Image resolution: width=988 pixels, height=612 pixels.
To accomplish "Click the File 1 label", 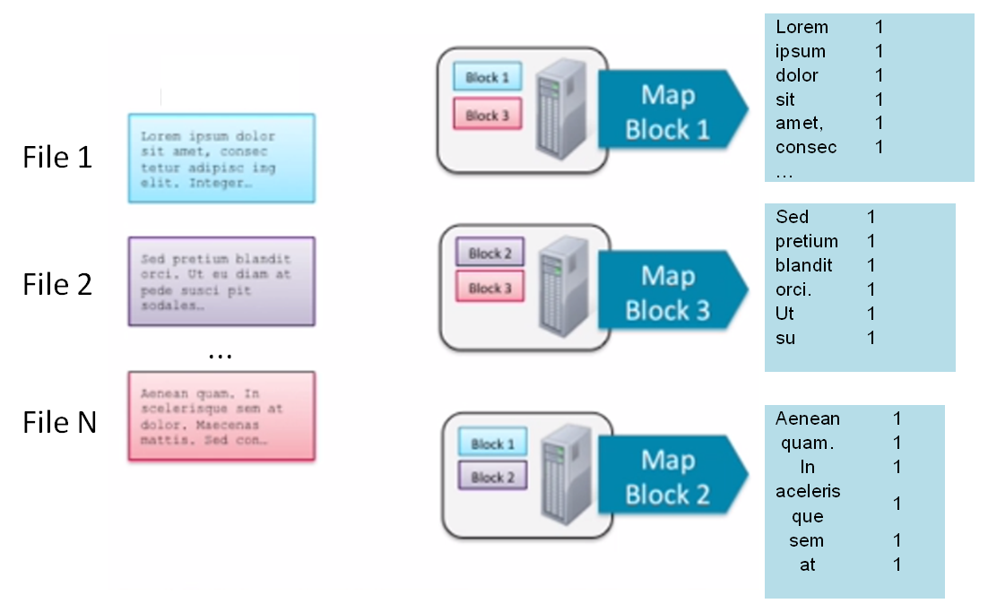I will (x=57, y=158).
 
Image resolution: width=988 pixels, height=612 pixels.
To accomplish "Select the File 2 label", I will (x=57, y=284).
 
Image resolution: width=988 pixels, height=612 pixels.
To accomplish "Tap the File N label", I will (x=59, y=421).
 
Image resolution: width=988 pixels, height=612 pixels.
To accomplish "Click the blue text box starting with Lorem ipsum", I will (x=221, y=158).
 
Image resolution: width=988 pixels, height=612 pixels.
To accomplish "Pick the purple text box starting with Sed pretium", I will (x=221, y=281).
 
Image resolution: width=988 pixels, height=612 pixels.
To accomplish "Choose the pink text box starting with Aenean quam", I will (x=221, y=416).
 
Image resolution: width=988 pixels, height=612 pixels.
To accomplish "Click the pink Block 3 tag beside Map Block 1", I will (x=488, y=116).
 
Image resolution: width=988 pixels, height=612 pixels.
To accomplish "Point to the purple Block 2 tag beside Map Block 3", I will (x=490, y=254).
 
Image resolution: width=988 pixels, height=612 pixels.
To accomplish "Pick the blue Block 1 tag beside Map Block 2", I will (x=492, y=444).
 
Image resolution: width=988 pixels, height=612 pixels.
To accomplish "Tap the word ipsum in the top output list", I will (x=801, y=51).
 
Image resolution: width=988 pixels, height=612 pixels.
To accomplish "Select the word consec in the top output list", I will (x=806, y=147).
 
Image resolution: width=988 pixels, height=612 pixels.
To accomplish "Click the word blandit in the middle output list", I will (x=803, y=265).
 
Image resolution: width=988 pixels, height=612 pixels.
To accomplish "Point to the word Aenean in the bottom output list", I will (x=808, y=418).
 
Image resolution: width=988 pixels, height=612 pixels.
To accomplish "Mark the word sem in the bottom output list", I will (x=807, y=540).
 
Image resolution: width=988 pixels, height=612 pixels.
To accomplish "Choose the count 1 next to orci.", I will (x=871, y=289).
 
